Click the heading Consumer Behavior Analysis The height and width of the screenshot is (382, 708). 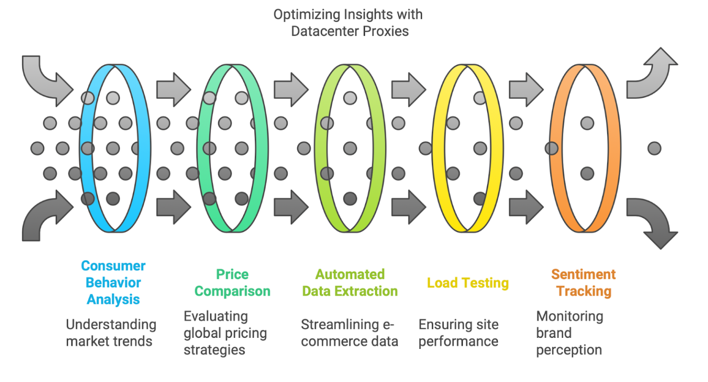[x=113, y=282]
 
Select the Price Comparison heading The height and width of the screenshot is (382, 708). [x=232, y=282]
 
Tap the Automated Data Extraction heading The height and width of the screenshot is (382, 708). [x=350, y=282]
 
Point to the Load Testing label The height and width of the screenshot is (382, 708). [x=467, y=282]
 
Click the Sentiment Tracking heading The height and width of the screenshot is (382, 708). [x=584, y=282]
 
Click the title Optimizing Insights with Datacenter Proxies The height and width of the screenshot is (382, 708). [x=348, y=23]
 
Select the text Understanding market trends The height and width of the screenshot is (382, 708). [x=111, y=333]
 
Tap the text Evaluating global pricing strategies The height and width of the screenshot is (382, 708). [x=225, y=333]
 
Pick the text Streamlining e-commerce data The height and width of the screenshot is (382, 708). [x=349, y=333]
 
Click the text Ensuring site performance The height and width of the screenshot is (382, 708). [x=458, y=333]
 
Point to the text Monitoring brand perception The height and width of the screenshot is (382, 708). [x=569, y=333]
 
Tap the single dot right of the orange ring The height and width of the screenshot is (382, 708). [x=654, y=148]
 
